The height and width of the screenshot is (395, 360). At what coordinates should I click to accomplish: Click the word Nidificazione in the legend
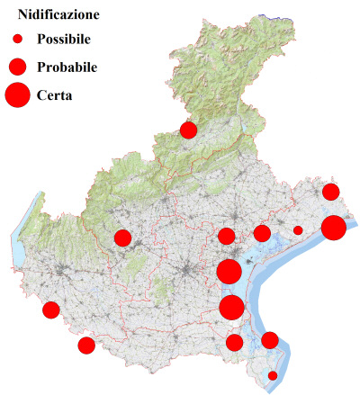[58, 15]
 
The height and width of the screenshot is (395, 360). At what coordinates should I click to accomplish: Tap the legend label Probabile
[67, 67]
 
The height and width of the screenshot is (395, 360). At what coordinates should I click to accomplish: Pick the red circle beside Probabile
[17, 67]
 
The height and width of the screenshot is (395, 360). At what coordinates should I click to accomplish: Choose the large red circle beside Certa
[17, 94]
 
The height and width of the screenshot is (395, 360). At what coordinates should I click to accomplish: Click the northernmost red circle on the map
[188, 130]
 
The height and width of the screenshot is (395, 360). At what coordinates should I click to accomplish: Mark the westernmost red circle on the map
[50, 310]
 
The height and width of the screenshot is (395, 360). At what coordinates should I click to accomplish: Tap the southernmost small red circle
[273, 375]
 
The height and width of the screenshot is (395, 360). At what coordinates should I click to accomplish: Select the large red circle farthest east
[334, 228]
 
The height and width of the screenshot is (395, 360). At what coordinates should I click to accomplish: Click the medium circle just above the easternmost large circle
[330, 192]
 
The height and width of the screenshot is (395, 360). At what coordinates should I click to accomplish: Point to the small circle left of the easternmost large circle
[298, 230]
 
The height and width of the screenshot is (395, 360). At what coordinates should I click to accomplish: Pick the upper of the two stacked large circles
[229, 272]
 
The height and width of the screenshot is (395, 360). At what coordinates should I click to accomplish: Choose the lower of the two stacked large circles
[231, 308]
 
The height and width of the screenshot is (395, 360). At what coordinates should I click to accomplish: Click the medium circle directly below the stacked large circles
[234, 342]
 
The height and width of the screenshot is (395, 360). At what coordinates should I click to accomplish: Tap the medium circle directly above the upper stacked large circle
[226, 237]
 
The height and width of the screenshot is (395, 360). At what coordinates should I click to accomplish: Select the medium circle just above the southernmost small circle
[269, 340]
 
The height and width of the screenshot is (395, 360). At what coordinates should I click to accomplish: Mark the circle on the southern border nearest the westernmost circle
[86, 346]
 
